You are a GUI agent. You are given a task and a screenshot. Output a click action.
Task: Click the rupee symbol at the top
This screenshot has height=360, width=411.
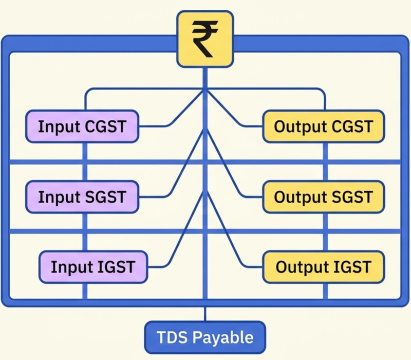coord(205,39)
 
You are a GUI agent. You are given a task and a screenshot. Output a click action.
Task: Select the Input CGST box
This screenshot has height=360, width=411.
coord(82,127)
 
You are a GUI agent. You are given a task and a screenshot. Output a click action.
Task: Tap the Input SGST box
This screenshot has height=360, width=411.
coord(82,197)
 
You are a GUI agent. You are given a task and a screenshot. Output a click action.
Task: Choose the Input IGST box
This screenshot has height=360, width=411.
coord(94,267)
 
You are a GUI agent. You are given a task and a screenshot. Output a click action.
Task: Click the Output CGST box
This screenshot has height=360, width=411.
coord(324,127)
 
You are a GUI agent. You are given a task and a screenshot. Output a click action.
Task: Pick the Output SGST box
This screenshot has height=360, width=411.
coord(324,197)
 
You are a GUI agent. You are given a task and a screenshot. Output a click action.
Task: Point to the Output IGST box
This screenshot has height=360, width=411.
coord(324,267)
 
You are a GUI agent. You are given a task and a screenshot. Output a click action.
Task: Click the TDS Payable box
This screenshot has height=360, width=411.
coord(205,337)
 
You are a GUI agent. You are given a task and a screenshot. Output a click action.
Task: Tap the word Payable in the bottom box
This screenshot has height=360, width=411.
coord(223,338)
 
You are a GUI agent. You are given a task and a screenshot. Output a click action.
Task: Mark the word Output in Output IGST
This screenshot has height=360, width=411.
coord(300,267)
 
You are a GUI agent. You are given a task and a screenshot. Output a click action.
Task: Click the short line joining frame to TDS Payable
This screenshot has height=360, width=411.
coord(205,314)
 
